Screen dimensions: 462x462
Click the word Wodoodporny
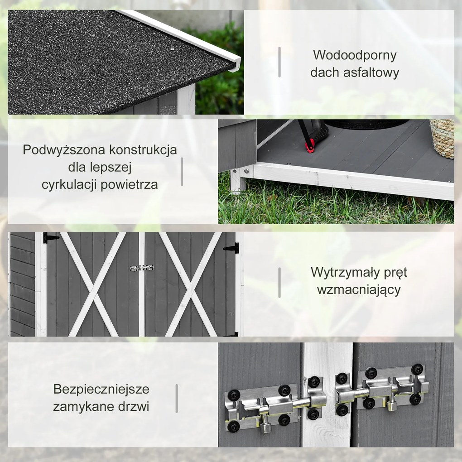[x=355, y=55]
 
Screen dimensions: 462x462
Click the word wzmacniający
[x=359, y=290]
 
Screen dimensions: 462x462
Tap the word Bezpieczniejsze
[x=101, y=389]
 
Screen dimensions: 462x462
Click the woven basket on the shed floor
[x=442, y=138]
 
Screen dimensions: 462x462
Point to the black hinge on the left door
[x=50, y=237]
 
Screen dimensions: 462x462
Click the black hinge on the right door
[x=231, y=248]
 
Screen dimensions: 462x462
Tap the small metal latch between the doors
[x=141, y=268]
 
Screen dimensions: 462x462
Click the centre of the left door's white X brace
[x=93, y=284]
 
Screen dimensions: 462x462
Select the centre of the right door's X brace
[x=191, y=284]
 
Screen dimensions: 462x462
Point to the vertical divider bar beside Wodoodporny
[x=279, y=62]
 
